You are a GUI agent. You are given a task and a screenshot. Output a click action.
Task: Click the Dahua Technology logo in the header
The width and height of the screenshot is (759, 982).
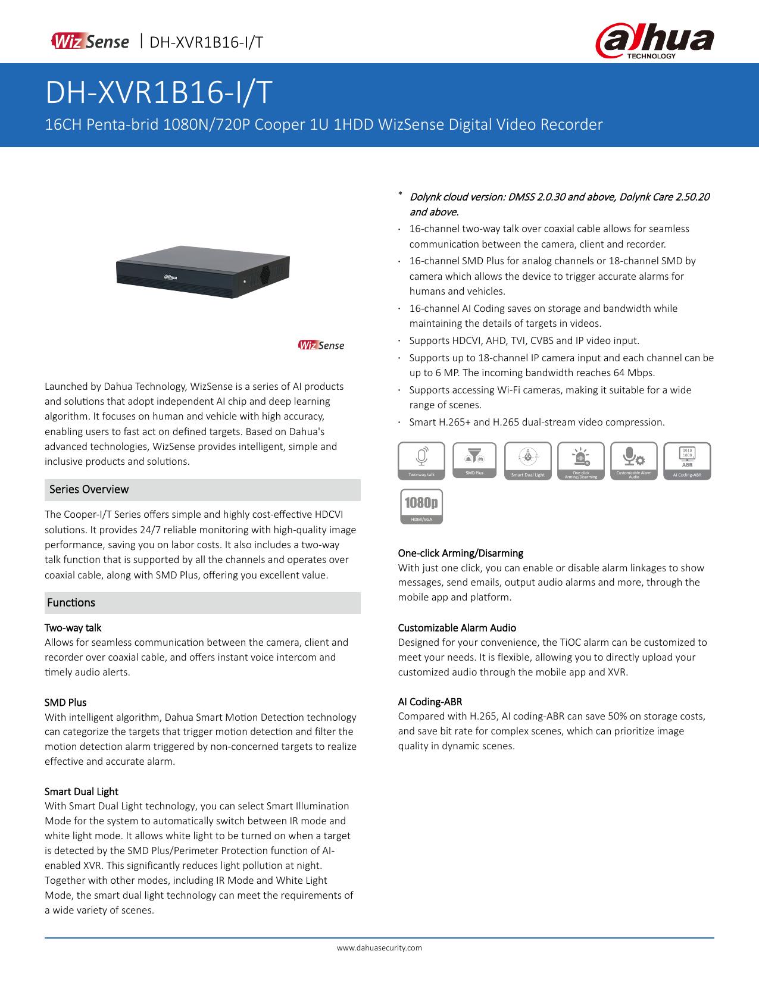pyautogui.click(x=654, y=43)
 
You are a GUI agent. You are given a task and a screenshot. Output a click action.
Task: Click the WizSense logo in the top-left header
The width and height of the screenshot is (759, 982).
pyautogui.click(x=90, y=42)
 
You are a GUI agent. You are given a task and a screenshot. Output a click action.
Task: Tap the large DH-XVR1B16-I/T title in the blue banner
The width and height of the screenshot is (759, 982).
pyautogui.click(x=159, y=93)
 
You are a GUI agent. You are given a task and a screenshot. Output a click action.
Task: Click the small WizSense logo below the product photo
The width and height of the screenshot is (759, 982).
pyautogui.click(x=321, y=345)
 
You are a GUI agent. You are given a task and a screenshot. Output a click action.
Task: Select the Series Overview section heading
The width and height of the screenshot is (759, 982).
pyautogui.click(x=89, y=489)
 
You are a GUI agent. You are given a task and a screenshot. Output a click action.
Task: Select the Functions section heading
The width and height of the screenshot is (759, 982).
pyautogui.click(x=71, y=602)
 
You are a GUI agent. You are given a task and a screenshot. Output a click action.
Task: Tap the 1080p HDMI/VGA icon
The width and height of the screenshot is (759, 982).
pyautogui.click(x=421, y=506)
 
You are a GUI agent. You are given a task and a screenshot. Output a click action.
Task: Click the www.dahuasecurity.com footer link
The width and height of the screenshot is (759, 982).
pyautogui.click(x=379, y=947)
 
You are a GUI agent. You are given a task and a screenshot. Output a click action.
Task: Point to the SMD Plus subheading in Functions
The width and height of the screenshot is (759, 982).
pyautogui.click(x=65, y=702)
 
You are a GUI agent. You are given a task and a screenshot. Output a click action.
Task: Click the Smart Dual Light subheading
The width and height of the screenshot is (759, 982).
pyautogui.click(x=82, y=792)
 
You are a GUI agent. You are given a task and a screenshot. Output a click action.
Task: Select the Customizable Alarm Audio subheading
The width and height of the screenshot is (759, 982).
pyautogui.click(x=457, y=627)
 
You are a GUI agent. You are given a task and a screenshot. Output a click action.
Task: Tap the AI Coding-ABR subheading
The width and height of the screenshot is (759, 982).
pyautogui.click(x=430, y=702)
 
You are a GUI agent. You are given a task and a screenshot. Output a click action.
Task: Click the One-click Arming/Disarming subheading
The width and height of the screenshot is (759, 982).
pyautogui.click(x=460, y=553)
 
